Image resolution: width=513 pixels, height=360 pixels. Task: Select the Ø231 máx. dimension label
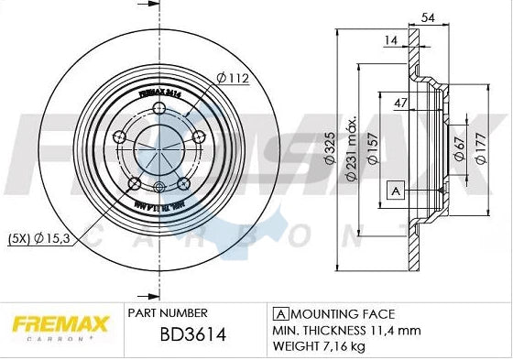(352, 149)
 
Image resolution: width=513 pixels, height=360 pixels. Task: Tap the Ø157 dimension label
(375, 149)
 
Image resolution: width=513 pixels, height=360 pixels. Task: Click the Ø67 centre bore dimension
(458, 149)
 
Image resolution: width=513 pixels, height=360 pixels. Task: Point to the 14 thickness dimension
(391, 41)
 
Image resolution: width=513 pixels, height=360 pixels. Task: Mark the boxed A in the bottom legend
(277, 313)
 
